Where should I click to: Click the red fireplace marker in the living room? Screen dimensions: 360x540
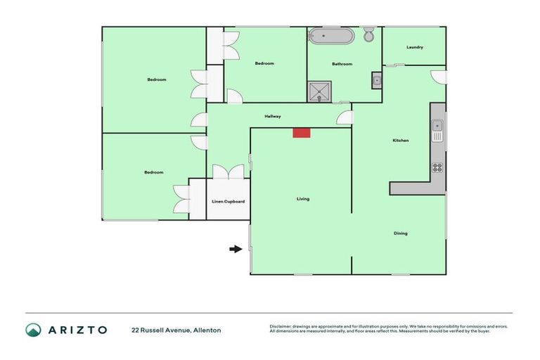302,132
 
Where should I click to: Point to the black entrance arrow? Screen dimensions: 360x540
236,248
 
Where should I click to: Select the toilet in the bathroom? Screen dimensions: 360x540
369,35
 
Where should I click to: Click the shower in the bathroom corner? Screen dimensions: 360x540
319,91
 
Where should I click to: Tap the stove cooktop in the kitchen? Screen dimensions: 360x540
437,167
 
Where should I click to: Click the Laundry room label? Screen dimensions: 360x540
415,47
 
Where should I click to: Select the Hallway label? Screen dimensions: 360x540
273,116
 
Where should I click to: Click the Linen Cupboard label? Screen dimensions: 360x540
229,202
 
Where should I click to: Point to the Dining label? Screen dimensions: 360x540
400,233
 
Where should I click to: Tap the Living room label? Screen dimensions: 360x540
303,199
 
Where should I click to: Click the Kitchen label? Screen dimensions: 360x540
400,141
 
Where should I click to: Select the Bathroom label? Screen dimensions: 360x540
342,64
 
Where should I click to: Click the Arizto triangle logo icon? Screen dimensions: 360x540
33,330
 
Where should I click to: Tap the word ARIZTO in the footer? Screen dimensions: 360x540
77,330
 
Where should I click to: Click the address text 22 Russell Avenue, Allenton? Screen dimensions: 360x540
176,330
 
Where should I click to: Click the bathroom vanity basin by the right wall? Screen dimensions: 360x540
376,81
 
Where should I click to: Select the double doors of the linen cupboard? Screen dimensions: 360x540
228,172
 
